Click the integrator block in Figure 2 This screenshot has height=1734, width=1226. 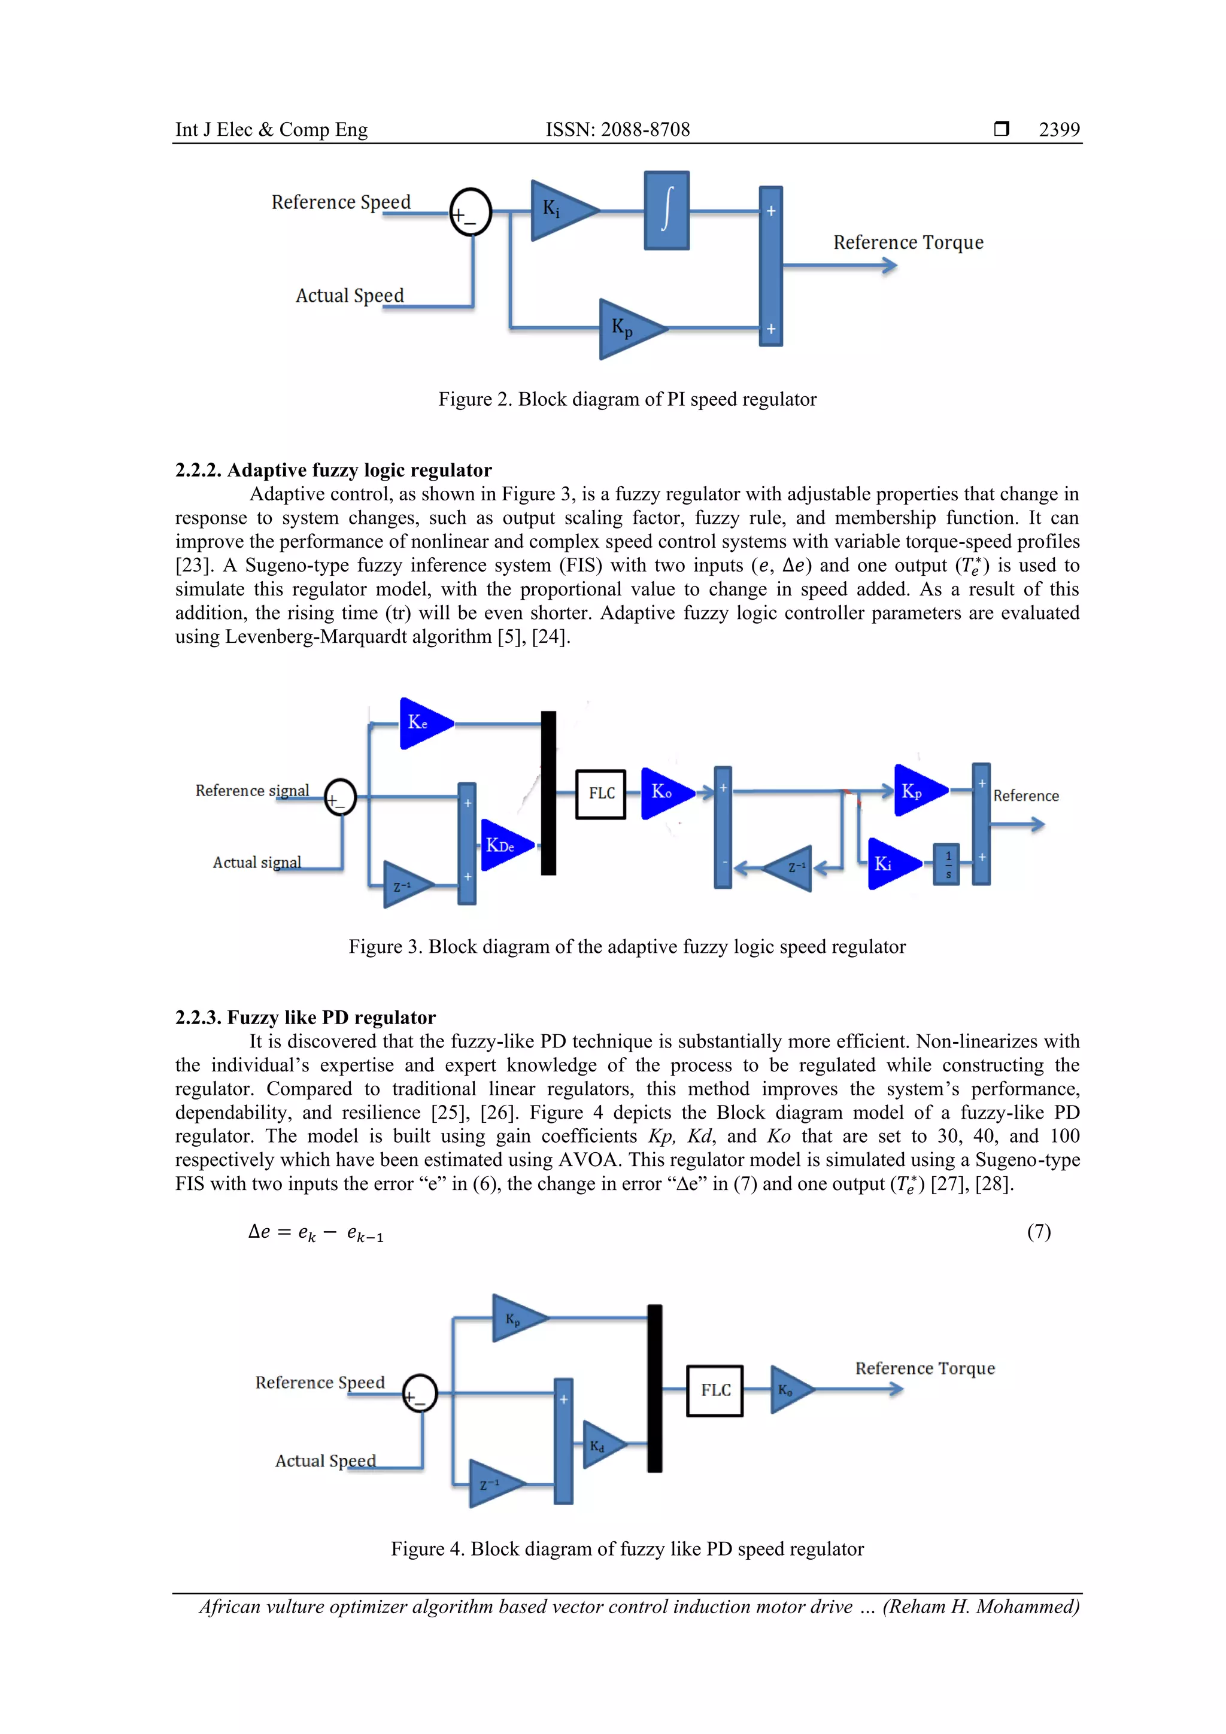click(x=666, y=211)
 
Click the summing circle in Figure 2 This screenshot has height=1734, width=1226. click(x=471, y=212)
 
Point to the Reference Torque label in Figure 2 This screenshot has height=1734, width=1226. click(x=908, y=242)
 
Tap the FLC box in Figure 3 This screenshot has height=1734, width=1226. click(x=600, y=794)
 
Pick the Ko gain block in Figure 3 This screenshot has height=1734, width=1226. click(x=664, y=792)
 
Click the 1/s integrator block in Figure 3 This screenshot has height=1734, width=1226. click(x=947, y=864)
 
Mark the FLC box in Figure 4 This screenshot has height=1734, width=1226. click(x=715, y=1390)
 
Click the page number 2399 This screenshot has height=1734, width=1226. click(x=1059, y=130)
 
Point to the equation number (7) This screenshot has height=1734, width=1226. click(x=1039, y=1232)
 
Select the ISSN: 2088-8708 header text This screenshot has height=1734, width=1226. click(x=618, y=130)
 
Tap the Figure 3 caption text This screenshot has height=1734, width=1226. click(x=627, y=947)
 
